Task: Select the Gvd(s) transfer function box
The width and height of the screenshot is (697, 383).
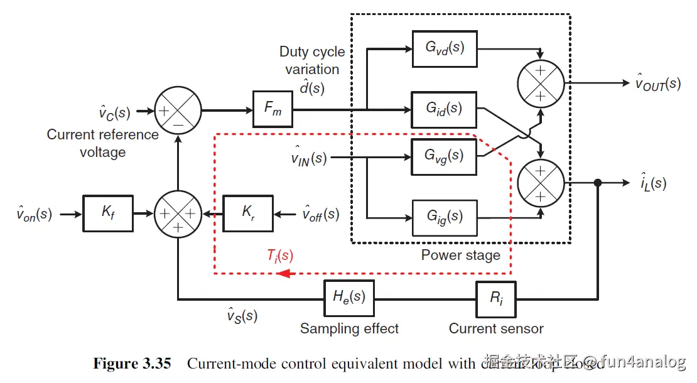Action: (444, 48)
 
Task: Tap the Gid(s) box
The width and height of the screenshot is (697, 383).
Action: (444, 110)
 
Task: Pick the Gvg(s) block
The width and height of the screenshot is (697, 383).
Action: (444, 156)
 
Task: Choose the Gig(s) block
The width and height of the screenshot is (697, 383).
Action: (444, 217)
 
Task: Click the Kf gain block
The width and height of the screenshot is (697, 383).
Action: (107, 213)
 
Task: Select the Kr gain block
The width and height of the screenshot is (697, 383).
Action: (248, 213)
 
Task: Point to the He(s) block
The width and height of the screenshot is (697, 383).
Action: (348, 298)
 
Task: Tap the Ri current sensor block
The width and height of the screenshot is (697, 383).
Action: (496, 298)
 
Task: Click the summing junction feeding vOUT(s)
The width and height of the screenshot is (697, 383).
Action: (541, 83)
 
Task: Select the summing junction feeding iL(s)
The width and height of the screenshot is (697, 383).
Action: (541, 183)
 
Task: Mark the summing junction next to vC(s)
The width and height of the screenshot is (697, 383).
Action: (177, 111)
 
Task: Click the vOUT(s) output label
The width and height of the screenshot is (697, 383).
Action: (657, 83)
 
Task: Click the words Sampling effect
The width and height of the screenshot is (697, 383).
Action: (349, 328)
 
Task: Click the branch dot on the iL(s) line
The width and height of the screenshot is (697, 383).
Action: (598, 183)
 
